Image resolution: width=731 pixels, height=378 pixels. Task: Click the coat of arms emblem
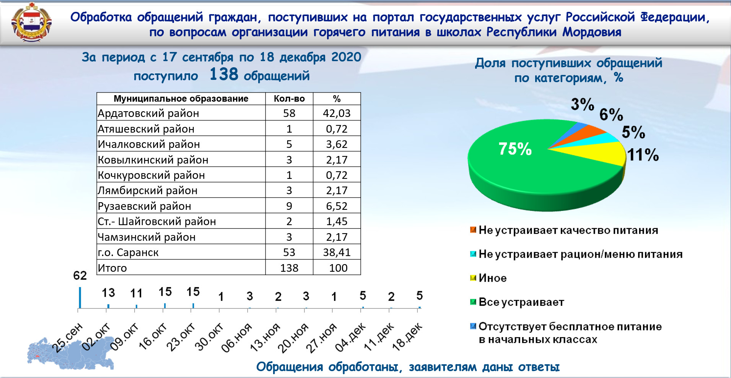(31, 22)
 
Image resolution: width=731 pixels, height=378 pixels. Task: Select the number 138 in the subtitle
(224, 74)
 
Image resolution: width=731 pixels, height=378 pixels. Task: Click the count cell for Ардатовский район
(289, 113)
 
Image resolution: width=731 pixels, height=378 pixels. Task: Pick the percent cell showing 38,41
(337, 252)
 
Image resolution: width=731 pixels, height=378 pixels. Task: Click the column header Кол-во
(289, 99)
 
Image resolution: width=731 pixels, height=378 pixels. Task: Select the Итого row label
(112, 268)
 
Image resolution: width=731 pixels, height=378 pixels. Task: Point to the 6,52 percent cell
(337, 206)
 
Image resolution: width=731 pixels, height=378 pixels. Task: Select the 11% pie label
(643, 155)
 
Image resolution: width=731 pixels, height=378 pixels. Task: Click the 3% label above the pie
(583, 104)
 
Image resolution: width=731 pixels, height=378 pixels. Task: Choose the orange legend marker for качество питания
(473, 230)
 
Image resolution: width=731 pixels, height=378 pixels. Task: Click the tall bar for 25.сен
(80, 297)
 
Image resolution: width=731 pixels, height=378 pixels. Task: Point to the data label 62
(80, 276)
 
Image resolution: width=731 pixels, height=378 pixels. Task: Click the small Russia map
(71, 354)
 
